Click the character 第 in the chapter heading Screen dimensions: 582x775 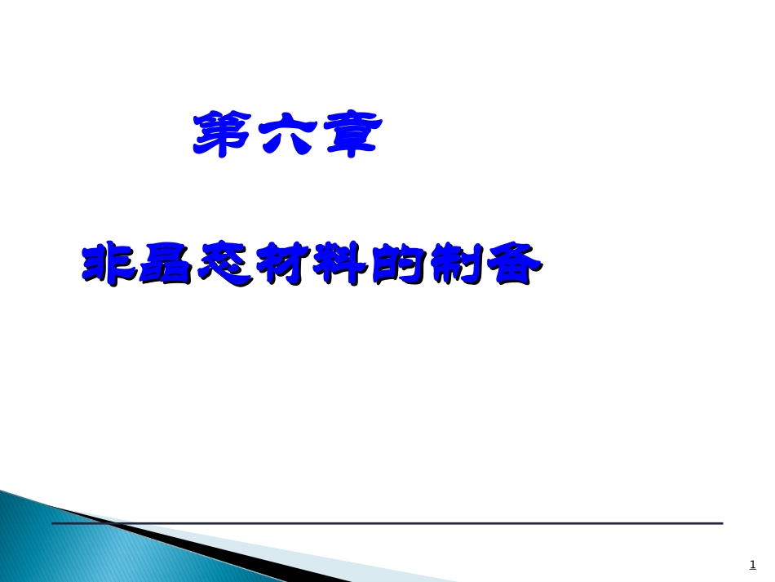tap(223, 134)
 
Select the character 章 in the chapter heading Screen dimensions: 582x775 tap(349, 134)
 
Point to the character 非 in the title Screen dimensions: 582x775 tap(108, 264)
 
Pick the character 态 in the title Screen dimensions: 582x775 tap(224, 264)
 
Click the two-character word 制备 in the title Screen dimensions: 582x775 tap(485, 264)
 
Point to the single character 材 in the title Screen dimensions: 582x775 tap(281, 264)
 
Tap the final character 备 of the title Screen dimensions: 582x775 tap(514, 264)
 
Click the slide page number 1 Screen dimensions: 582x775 tap(752, 564)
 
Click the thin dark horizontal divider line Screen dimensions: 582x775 tap(408, 523)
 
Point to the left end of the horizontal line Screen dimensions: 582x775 tap(54, 523)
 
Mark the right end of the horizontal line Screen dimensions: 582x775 tap(721, 523)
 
